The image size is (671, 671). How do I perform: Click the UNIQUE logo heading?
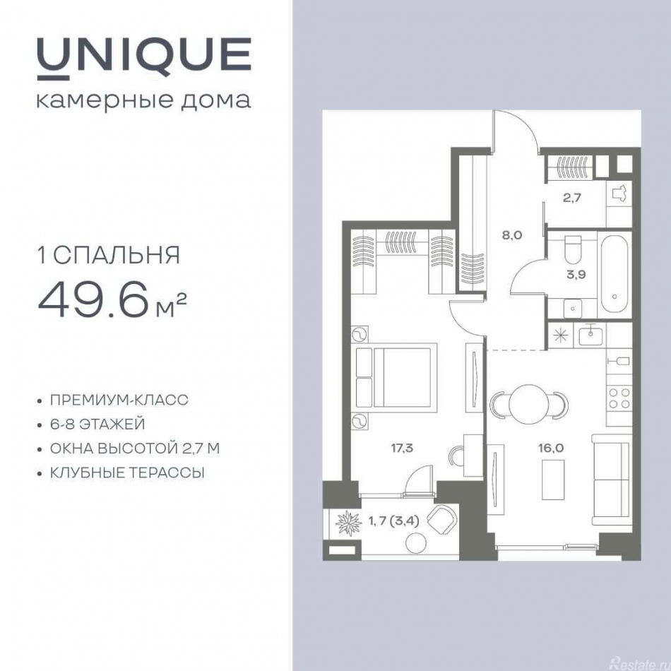[143, 56]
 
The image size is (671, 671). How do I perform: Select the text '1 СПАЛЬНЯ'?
[108, 254]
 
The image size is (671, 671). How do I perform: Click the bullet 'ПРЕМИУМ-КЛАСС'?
[119, 400]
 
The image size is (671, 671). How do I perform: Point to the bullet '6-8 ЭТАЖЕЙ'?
[97, 424]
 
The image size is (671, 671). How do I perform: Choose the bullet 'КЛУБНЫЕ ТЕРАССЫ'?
[127, 473]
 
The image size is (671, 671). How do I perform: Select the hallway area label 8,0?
[512, 235]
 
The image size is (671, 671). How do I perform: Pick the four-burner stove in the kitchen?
[619, 398]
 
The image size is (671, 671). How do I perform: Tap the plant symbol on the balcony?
[348, 525]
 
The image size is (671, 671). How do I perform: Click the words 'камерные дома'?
[143, 100]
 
